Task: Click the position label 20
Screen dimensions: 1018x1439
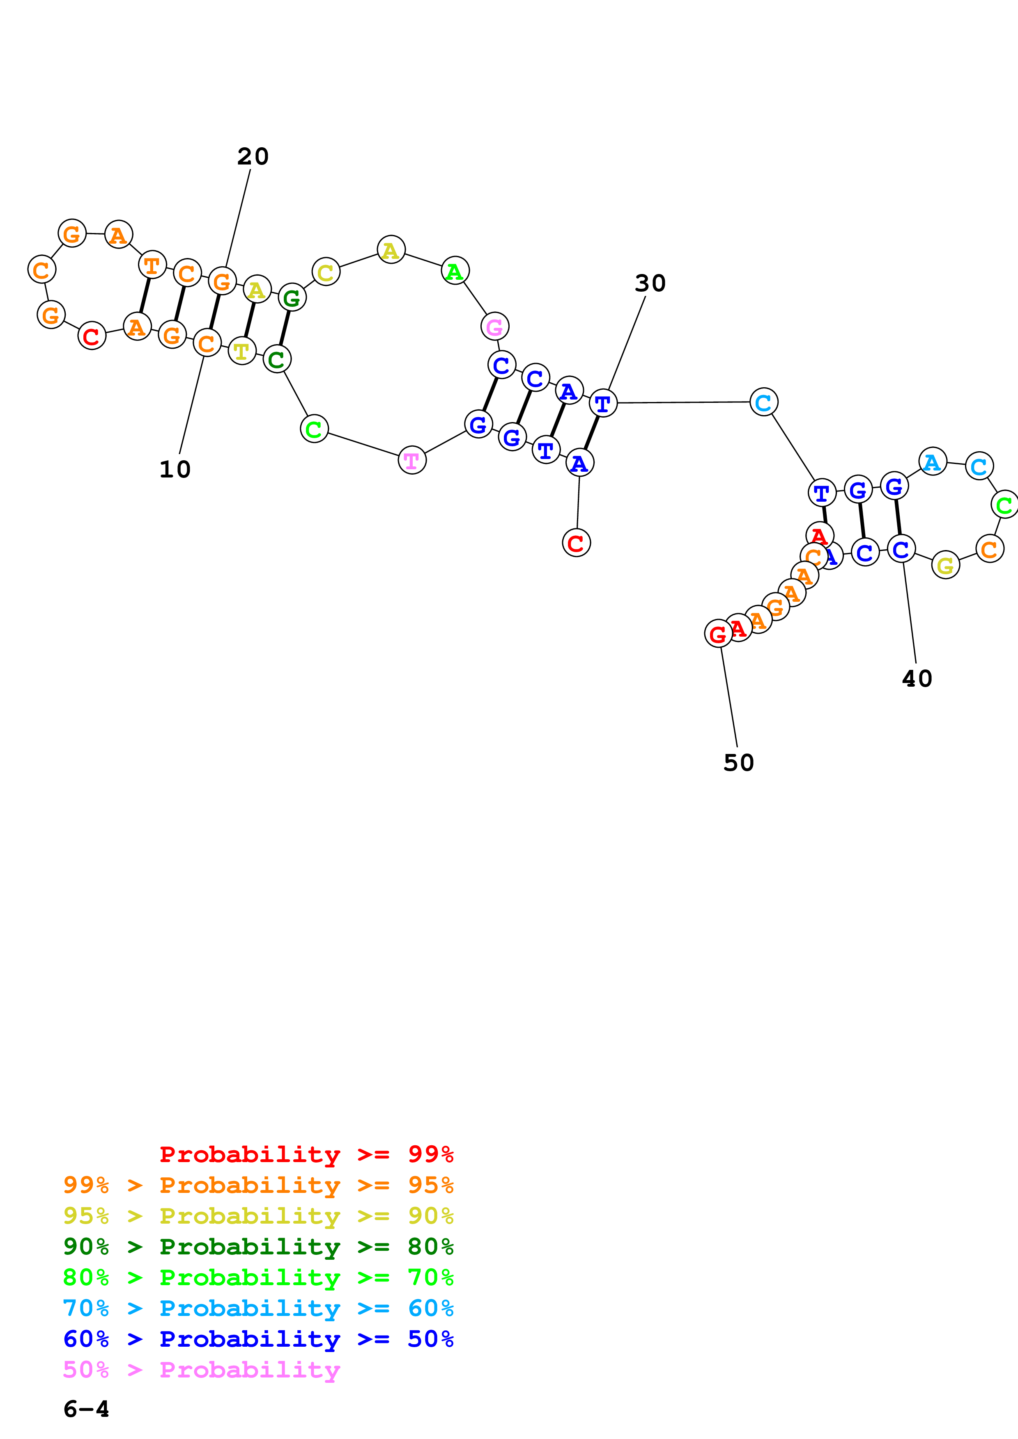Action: tap(253, 156)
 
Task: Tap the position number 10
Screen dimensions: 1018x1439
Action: tap(175, 469)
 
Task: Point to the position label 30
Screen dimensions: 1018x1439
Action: tap(650, 283)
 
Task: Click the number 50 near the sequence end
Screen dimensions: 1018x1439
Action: tap(738, 763)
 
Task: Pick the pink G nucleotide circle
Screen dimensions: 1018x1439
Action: tap(495, 327)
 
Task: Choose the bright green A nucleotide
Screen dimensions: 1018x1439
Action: tap(455, 271)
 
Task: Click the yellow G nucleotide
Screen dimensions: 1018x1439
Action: tap(945, 565)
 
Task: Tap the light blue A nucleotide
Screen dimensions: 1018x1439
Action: tap(932, 462)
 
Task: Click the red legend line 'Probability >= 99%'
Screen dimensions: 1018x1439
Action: tap(306, 1154)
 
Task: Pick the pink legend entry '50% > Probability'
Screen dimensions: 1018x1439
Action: tap(201, 1370)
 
